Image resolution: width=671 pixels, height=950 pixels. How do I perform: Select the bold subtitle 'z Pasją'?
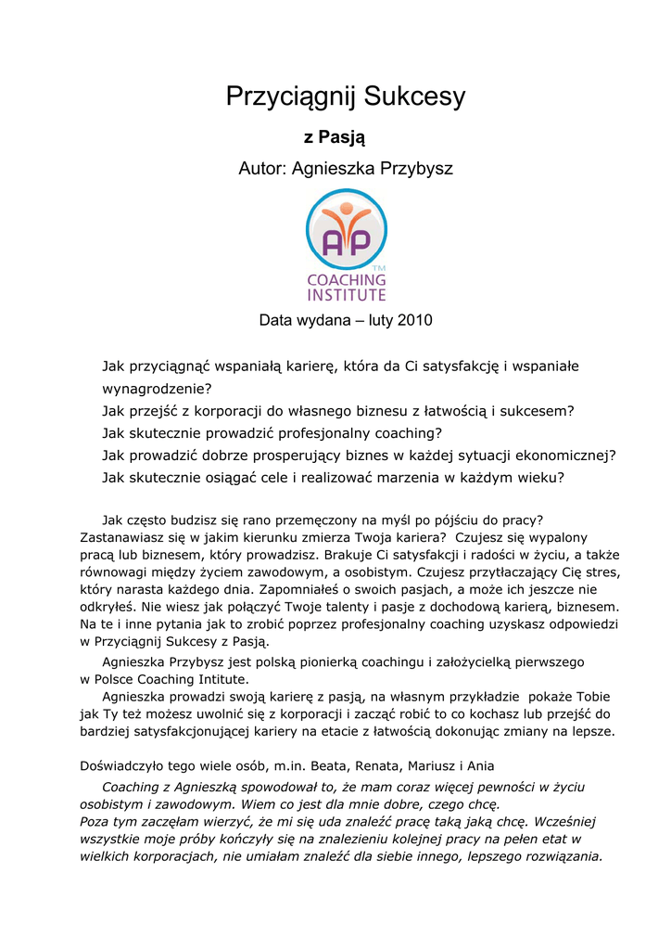pos(335,138)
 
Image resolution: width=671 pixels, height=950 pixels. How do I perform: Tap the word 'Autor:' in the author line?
pos(263,169)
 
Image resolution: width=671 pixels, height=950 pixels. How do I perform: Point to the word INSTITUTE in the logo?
pos(347,295)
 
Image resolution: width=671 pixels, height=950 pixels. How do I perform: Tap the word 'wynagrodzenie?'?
pos(157,389)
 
